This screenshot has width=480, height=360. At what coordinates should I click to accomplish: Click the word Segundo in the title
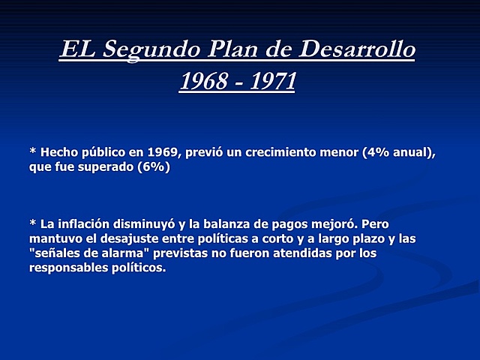tap(154, 51)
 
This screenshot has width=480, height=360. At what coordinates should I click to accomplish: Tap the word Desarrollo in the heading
tap(357, 49)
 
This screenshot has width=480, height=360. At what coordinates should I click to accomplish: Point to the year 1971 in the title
tap(270, 80)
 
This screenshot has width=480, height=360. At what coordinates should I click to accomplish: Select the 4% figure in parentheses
tap(374, 152)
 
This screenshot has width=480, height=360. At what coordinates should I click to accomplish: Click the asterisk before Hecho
tap(32, 151)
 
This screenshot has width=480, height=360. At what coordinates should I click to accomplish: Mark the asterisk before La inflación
tap(32, 223)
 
